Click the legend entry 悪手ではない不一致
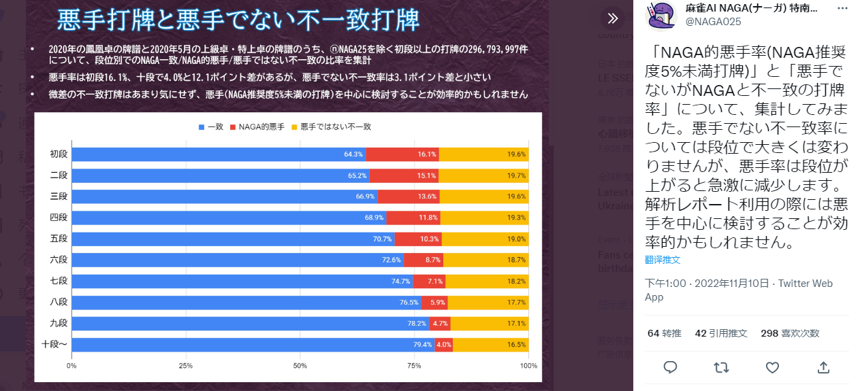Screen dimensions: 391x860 point(330,127)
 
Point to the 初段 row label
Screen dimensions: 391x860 point(59,154)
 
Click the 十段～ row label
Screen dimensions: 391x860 point(54,345)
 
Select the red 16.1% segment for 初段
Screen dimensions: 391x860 point(403,154)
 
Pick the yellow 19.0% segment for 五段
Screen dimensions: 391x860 point(485,239)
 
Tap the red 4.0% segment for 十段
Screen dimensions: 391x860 point(444,345)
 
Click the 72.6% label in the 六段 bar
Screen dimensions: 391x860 point(391,260)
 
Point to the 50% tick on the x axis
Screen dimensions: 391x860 point(300,366)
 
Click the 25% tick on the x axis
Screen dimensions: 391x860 point(186,366)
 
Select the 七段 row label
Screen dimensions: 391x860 point(59,282)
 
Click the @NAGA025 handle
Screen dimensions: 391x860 point(713,22)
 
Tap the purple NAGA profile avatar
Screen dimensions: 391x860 point(660,15)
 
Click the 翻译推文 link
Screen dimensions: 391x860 point(663,260)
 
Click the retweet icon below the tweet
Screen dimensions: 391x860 point(721,368)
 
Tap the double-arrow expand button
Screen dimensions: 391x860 point(613,18)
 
